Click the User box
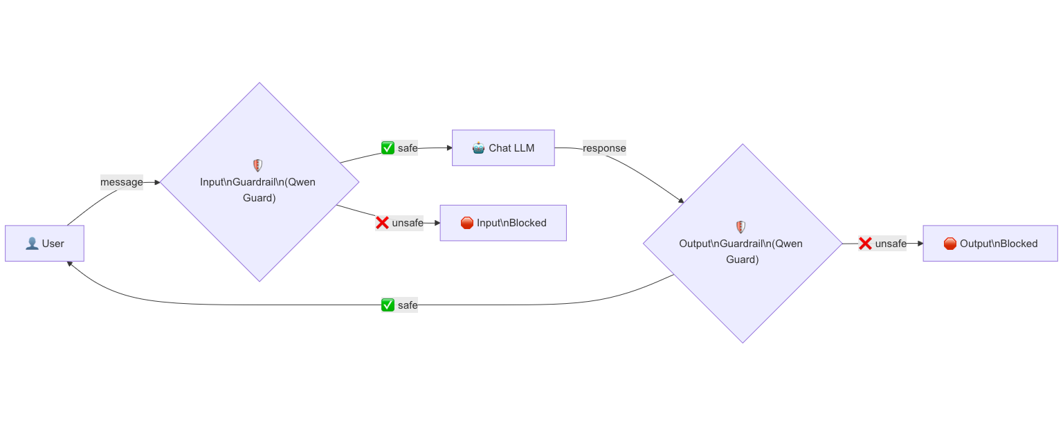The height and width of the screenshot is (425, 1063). [x=44, y=244]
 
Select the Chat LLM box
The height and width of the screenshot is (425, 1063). [x=503, y=148]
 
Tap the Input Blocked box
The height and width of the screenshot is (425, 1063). [x=503, y=223]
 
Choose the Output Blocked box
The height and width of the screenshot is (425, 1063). [x=990, y=244]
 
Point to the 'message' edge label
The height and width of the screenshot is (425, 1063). [x=122, y=183]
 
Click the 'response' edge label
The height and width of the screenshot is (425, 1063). [x=604, y=148]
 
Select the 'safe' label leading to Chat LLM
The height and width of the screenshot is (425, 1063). [x=399, y=148]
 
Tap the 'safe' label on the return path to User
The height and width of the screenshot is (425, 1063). [x=399, y=305]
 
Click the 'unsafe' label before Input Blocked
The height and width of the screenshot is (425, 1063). [x=399, y=223]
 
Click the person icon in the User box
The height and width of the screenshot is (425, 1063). [x=32, y=244]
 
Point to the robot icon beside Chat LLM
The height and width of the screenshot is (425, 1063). [x=479, y=148]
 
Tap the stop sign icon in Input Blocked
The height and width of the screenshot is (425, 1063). [x=467, y=223]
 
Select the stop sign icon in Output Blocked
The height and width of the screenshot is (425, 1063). [x=950, y=244]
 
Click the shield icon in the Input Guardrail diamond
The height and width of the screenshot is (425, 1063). [x=257, y=165]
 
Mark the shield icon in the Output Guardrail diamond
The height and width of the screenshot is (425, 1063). [x=741, y=226]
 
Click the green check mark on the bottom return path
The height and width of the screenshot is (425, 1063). [x=388, y=305]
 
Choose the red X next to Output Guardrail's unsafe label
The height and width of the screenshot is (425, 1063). [x=865, y=244]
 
